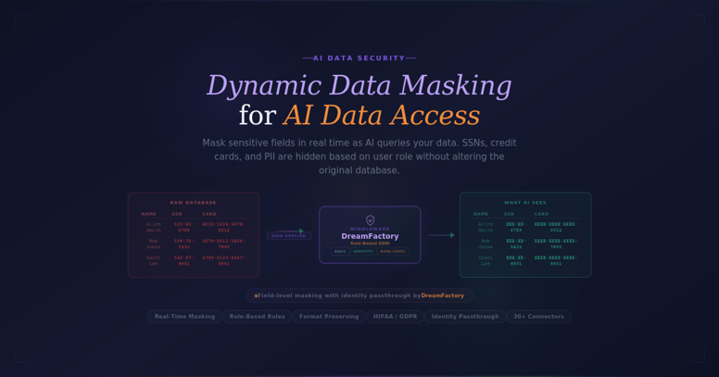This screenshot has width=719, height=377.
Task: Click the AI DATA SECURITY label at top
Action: tap(359, 58)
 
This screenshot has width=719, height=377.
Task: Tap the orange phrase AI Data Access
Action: tap(381, 115)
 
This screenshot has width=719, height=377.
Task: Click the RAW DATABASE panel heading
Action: tap(193, 202)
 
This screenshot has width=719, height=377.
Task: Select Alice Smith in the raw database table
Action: tap(153, 226)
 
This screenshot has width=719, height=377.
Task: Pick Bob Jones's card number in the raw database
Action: tap(223, 244)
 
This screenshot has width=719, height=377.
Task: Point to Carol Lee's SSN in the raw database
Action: tap(183, 260)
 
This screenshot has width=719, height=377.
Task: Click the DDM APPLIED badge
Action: tap(289, 235)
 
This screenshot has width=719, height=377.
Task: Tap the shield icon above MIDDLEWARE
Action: tap(370, 220)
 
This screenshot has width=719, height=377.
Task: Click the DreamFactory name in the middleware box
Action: tap(370, 236)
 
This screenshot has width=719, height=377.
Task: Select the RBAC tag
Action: tap(340, 251)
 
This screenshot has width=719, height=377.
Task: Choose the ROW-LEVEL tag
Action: tap(392, 251)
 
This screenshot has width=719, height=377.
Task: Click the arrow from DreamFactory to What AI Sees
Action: tap(440, 235)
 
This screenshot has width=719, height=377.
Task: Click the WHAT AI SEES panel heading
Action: tap(524, 202)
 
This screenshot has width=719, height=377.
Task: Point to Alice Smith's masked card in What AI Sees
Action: tap(555, 226)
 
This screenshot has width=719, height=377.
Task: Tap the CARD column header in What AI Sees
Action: tap(541, 214)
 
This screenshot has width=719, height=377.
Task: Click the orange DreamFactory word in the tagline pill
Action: tap(442, 295)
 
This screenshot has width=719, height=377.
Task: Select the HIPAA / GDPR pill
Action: tap(395, 317)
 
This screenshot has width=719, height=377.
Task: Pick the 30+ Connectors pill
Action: tap(538, 317)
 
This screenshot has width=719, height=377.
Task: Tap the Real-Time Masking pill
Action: tap(184, 317)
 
